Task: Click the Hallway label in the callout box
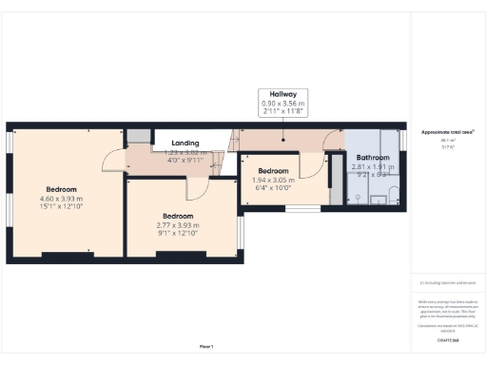pos(283,95)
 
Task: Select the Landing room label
pos(185,143)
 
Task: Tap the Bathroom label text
pos(372,157)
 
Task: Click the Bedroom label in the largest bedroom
pos(62,188)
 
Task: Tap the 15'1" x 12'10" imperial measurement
pos(62,205)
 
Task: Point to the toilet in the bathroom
pos(355,198)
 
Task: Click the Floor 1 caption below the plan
pos(205,346)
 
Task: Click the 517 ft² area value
pos(447,146)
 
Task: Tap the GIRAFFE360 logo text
pos(447,339)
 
